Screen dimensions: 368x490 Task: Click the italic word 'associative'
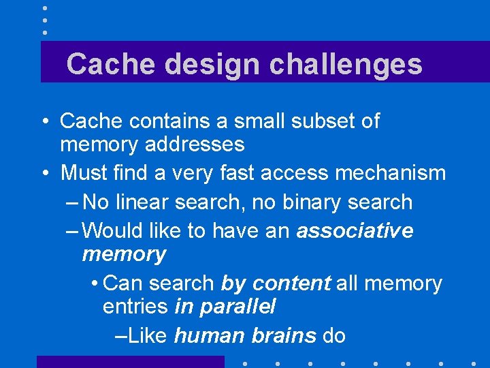point(355,231)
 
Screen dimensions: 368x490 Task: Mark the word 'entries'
point(135,307)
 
